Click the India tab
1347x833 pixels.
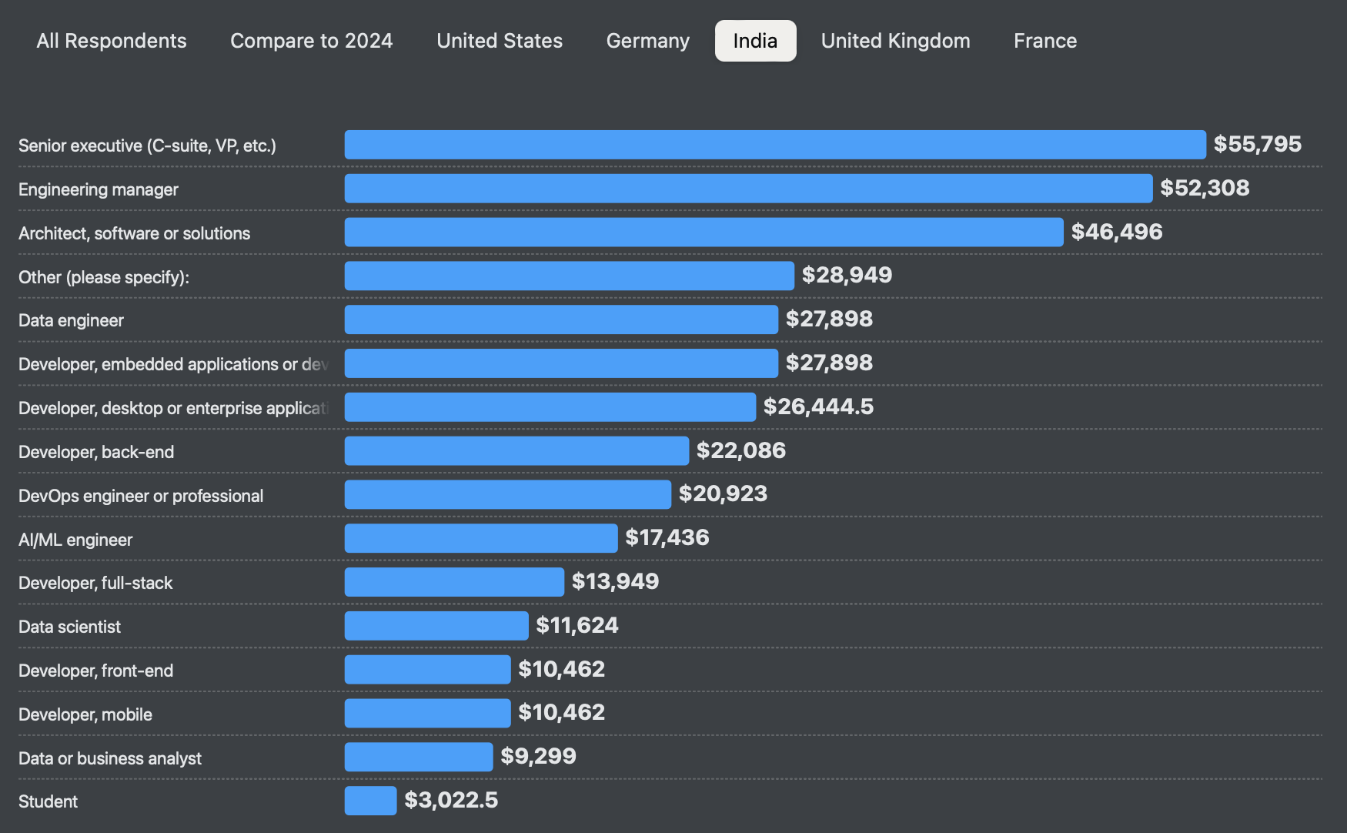pyautogui.click(x=755, y=41)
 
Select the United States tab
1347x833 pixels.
pyautogui.click(x=500, y=41)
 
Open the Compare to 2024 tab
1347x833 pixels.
pyautogui.click(x=311, y=41)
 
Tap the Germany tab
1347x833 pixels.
pyautogui.click(x=647, y=41)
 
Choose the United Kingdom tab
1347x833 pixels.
pyautogui.click(x=895, y=41)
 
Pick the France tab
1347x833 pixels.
pyautogui.click(x=1045, y=41)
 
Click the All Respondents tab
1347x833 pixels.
pyautogui.click(x=112, y=41)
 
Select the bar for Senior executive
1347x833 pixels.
pyautogui.click(x=774, y=145)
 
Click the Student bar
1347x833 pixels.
pyautogui.click(x=370, y=801)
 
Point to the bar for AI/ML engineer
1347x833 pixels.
pyautogui.click(x=480, y=538)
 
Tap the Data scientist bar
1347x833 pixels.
pyautogui.click(x=436, y=626)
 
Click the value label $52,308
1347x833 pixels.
pyautogui.click(x=1205, y=188)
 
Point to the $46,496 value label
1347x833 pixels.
pyautogui.click(x=1116, y=232)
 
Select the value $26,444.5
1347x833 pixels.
pyautogui.click(x=818, y=406)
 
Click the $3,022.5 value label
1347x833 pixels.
pyautogui.click(x=451, y=801)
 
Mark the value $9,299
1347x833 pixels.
pyautogui.click(x=538, y=756)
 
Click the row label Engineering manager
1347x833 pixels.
pyautogui.click(x=99, y=189)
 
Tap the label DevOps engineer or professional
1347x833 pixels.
pyautogui.click(x=141, y=496)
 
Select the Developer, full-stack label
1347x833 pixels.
pyautogui.click(x=95, y=583)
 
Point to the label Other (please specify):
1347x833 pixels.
pyautogui.click(x=104, y=277)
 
